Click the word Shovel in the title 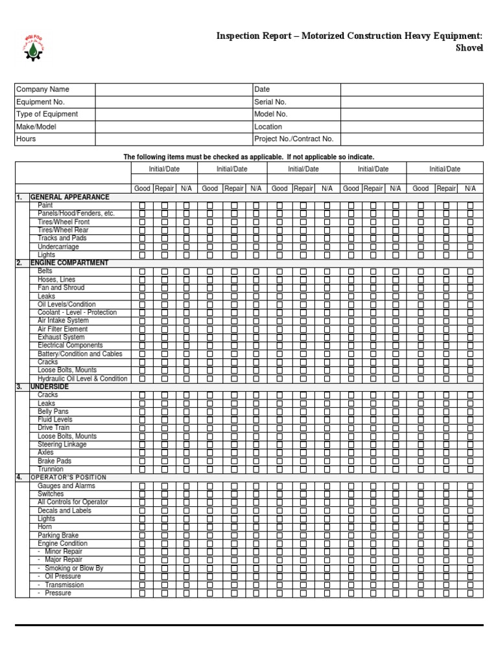click(x=470, y=49)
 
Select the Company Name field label click(x=42, y=89)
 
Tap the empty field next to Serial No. click(x=412, y=102)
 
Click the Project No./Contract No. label click(x=294, y=139)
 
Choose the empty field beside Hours click(x=173, y=139)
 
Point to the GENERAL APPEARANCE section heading click(x=69, y=197)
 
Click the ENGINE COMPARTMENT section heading click(x=69, y=263)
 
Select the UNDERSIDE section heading click(x=49, y=387)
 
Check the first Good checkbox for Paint click(x=142, y=205)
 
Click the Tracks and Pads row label click(x=62, y=238)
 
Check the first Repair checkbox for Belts click(x=165, y=271)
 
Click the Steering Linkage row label click(x=62, y=445)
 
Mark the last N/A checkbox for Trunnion click(x=470, y=469)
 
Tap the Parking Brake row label click(x=58, y=535)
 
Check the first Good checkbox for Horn click(x=142, y=527)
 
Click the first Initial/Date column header click(x=164, y=168)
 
